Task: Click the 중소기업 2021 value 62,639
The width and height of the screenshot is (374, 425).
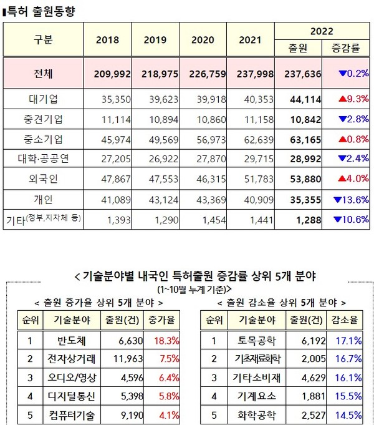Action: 254,139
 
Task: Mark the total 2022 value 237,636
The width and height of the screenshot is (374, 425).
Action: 301,74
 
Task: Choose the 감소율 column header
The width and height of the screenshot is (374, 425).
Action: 350,321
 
